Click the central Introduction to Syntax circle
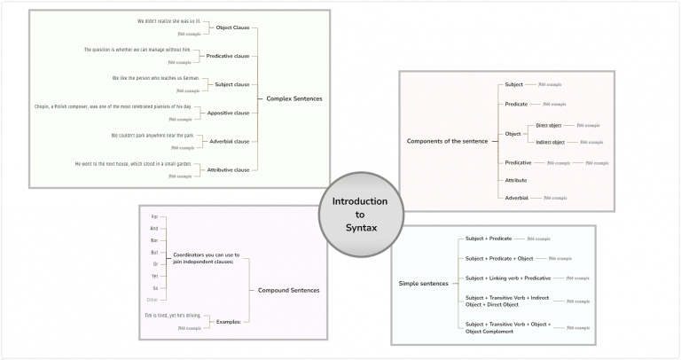pyautogui.click(x=360, y=215)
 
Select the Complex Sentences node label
pyautogui.click(x=294, y=98)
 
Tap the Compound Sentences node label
pyautogui.click(x=288, y=291)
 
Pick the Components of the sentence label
pyautogui.click(x=447, y=141)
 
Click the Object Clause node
pyautogui.click(x=233, y=27)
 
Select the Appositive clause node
pyautogui.click(x=228, y=113)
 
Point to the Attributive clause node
pyautogui.click(x=228, y=169)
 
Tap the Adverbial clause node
pyautogui.click(x=229, y=141)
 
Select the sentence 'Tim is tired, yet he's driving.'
pyautogui.click(x=172, y=316)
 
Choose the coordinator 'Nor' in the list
pyautogui.click(x=154, y=240)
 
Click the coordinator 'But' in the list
pyautogui.click(x=154, y=252)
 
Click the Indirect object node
pyautogui.click(x=554, y=142)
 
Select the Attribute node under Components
pyautogui.click(x=516, y=180)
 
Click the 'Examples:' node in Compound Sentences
pyautogui.click(x=229, y=321)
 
